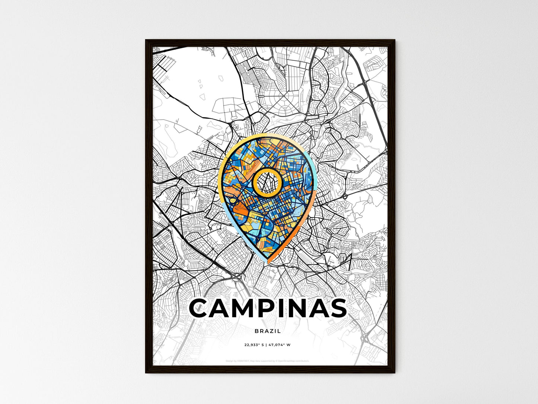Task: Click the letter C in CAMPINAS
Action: [202, 308]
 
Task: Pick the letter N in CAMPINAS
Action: [302, 308]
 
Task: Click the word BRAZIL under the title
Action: [268, 331]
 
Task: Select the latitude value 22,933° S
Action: [254, 345]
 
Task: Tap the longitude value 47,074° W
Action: [280, 345]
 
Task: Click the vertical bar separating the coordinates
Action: [267, 345]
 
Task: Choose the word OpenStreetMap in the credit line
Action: [287, 361]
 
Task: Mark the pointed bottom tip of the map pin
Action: [268, 263]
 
